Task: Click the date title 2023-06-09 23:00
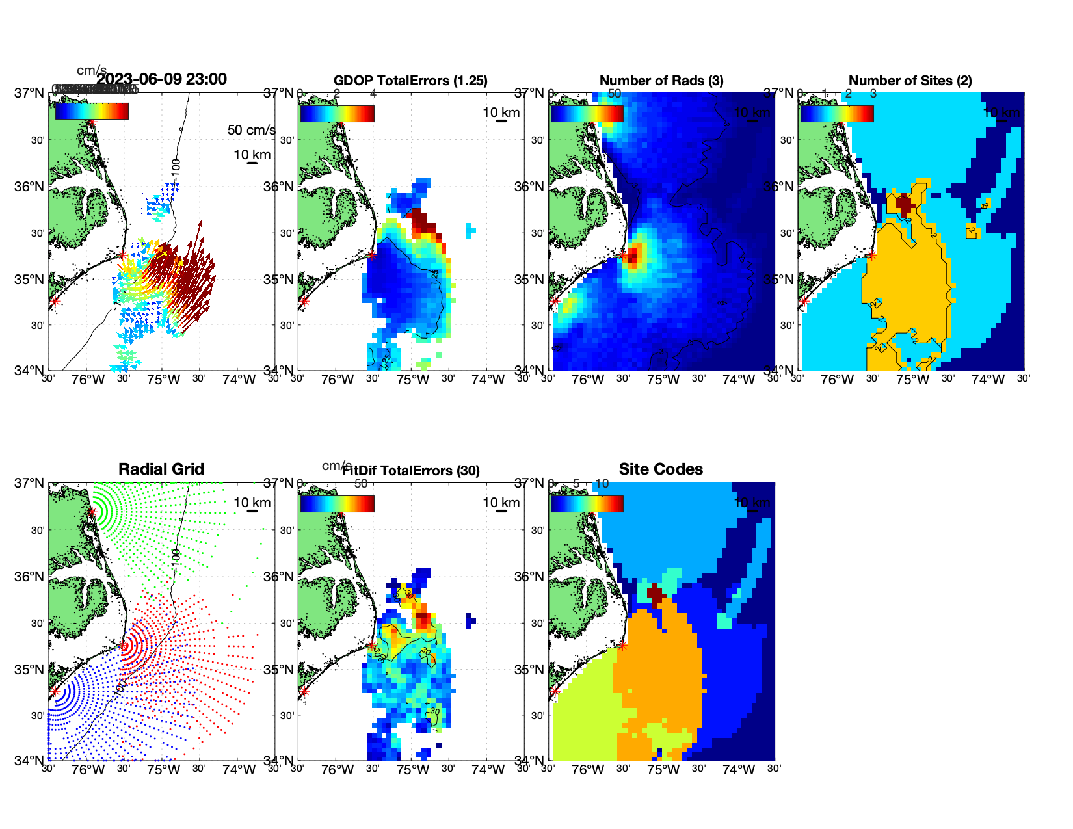tap(161, 79)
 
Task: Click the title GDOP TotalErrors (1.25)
tap(410, 81)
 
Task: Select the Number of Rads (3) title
tap(661, 81)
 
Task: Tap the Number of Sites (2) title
tap(910, 81)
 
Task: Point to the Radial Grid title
tap(161, 469)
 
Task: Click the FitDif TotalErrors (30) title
tap(411, 471)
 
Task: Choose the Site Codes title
tap(661, 469)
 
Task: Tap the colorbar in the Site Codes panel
tap(587, 504)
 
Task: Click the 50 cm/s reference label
tap(251, 130)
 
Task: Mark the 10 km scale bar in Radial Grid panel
tap(252, 511)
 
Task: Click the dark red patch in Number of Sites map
tap(905, 204)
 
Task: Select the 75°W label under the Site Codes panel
tap(663, 770)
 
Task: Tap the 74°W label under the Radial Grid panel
tap(239, 770)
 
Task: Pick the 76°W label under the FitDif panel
tap(338, 770)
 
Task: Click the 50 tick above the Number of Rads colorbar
tap(615, 94)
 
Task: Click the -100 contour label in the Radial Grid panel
tap(176, 557)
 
